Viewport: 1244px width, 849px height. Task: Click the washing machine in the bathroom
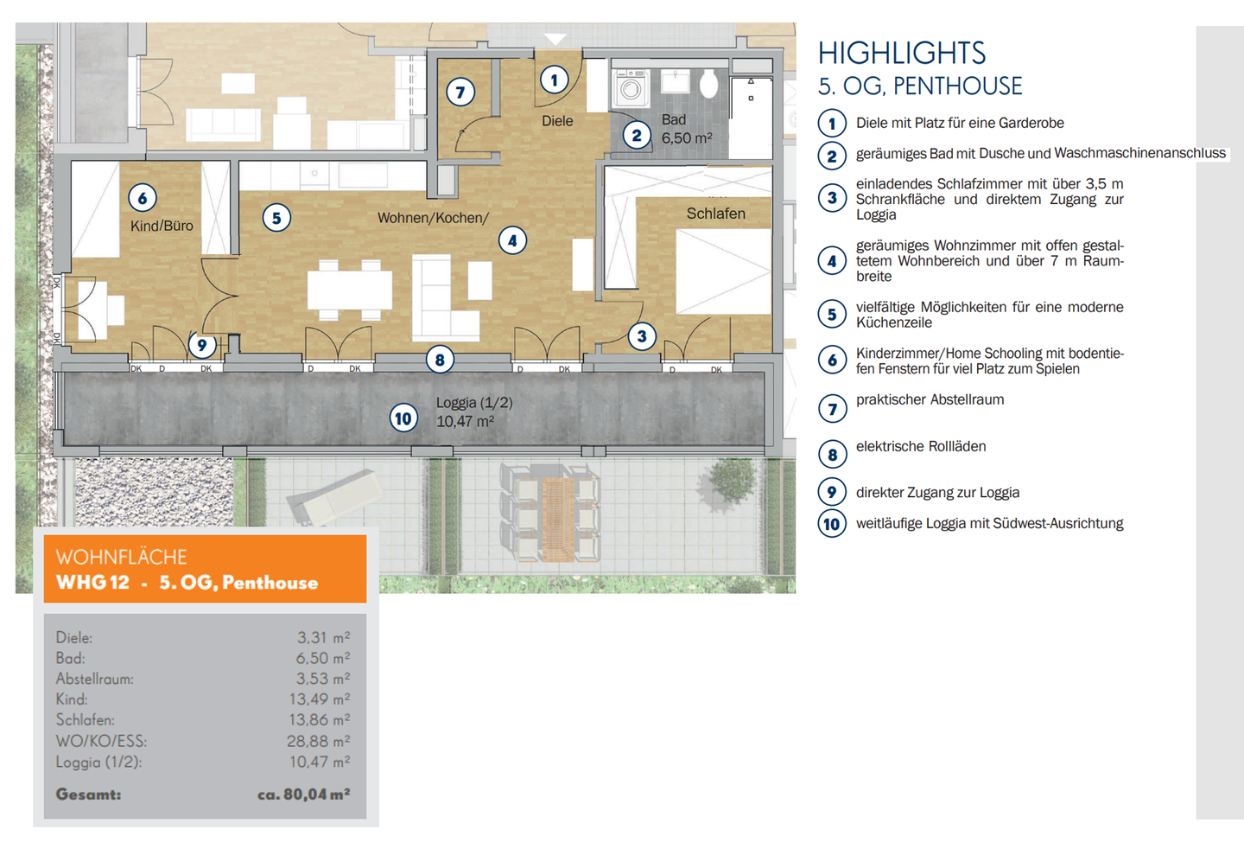(631, 88)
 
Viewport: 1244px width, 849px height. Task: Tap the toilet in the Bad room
(708, 84)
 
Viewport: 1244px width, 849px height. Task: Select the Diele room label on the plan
(557, 120)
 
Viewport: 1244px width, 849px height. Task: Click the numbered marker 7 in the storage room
(460, 92)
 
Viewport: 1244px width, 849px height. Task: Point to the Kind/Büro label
(162, 226)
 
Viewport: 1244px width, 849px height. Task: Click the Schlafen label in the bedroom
(716, 214)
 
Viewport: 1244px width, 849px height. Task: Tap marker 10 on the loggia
(403, 418)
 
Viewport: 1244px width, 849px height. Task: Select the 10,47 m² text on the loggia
(465, 422)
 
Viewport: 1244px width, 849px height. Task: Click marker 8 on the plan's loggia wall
(440, 360)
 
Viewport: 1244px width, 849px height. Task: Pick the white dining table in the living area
(349, 290)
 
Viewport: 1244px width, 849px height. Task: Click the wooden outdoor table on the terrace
(557, 519)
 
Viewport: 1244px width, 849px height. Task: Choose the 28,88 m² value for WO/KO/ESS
(318, 741)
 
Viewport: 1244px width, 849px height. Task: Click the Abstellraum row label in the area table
(94, 679)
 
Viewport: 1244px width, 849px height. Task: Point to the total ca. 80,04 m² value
(303, 795)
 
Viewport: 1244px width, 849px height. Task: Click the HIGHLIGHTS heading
(901, 54)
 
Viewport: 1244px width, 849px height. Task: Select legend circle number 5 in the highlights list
(832, 314)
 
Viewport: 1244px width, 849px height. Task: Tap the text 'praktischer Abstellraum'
(930, 399)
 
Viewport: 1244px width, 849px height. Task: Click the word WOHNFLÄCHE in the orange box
(121, 557)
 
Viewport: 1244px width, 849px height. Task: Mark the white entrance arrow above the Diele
(555, 39)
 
